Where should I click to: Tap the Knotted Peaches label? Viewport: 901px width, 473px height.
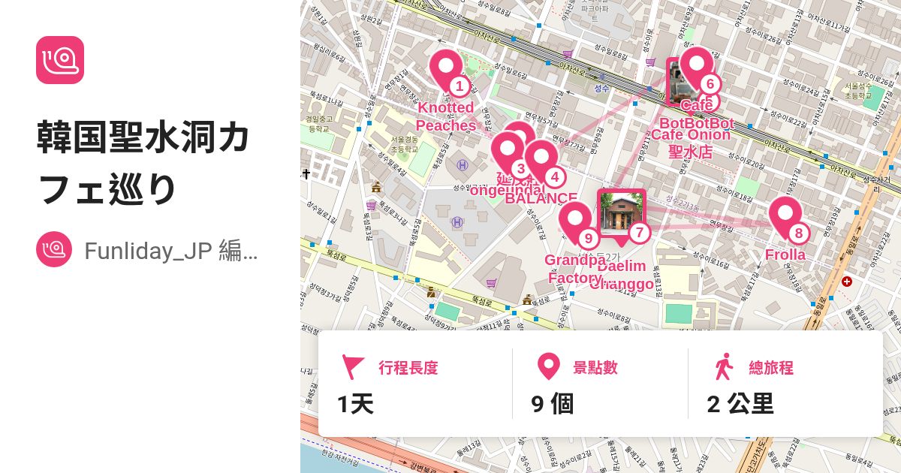pos(446,116)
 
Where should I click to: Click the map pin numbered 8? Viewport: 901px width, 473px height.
pos(785,217)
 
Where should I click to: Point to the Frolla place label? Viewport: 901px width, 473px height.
pos(785,255)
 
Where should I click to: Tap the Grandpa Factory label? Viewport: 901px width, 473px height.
pos(575,269)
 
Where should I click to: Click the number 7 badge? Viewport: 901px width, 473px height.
pos(638,233)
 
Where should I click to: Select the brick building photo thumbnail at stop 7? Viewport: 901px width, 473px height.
pos(621,212)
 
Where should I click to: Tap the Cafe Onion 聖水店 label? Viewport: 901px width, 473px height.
pos(691,143)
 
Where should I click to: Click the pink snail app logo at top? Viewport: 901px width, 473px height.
pos(60,60)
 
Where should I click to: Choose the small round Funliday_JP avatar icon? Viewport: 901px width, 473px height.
pos(54,250)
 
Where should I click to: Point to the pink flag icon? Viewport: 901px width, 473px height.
pos(352,367)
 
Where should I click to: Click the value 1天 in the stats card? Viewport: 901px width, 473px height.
pos(355,404)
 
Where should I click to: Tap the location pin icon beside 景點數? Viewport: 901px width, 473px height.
pos(549,367)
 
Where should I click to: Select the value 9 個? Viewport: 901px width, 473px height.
pos(552,404)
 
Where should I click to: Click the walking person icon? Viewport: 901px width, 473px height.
pos(724,367)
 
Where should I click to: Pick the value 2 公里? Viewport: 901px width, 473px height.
pos(740,404)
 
